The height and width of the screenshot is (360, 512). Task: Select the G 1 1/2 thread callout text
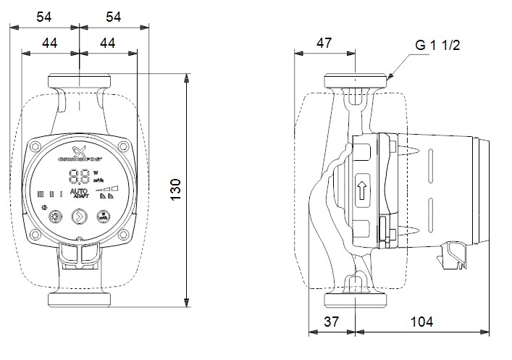[437, 45]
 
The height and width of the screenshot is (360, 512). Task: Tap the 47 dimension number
[324, 43]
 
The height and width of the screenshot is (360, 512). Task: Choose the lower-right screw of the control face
[123, 233]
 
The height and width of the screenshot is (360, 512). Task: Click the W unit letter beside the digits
[95, 172]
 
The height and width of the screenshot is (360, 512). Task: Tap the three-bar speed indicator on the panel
[51, 194]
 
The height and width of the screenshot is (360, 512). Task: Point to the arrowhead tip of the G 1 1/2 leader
[388, 78]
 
